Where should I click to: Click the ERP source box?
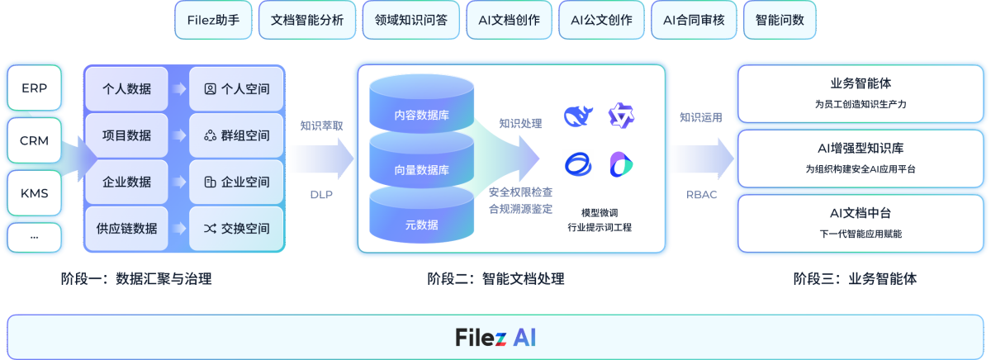[35, 88]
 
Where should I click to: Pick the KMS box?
[35, 194]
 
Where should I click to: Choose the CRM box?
[35, 140]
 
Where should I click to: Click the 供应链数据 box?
[126, 229]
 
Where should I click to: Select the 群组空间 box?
[237, 135]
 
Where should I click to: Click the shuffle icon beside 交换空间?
[211, 229]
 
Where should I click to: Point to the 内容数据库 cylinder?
[421, 115]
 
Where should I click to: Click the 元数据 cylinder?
[421, 224]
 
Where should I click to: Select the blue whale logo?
[579, 116]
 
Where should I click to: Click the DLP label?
[321, 195]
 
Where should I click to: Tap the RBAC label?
[701, 195]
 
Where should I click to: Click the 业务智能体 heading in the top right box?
[861, 83]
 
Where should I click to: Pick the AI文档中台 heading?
[861, 213]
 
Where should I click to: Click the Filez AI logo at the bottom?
[495, 338]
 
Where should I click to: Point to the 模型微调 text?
[600, 211]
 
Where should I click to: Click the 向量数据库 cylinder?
[421, 170]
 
